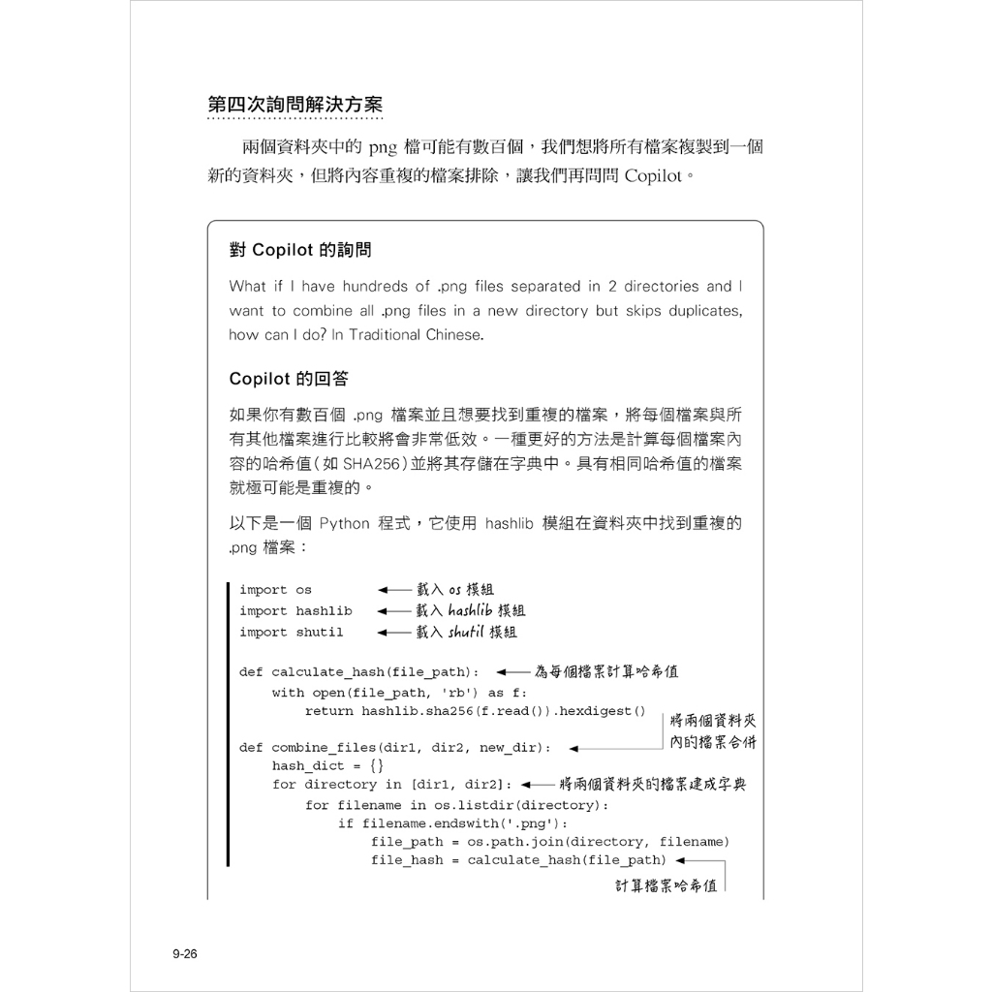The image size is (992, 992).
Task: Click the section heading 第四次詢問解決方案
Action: [x=294, y=105]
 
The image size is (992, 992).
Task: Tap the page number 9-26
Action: [x=184, y=954]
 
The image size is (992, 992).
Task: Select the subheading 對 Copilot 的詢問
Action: [x=300, y=250]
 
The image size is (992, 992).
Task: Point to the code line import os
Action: [x=276, y=590]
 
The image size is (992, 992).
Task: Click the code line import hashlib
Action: [x=295, y=611]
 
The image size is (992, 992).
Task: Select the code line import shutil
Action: [x=292, y=633]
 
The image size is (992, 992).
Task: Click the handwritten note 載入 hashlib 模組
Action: [x=471, y=610]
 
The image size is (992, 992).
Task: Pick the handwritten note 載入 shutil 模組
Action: [x=467, y=632]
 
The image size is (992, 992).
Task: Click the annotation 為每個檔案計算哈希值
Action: [x=606, y=670]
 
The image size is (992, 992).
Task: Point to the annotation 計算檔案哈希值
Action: [x=666, y=885]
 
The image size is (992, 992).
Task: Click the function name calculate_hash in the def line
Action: [x=327, y=671]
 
